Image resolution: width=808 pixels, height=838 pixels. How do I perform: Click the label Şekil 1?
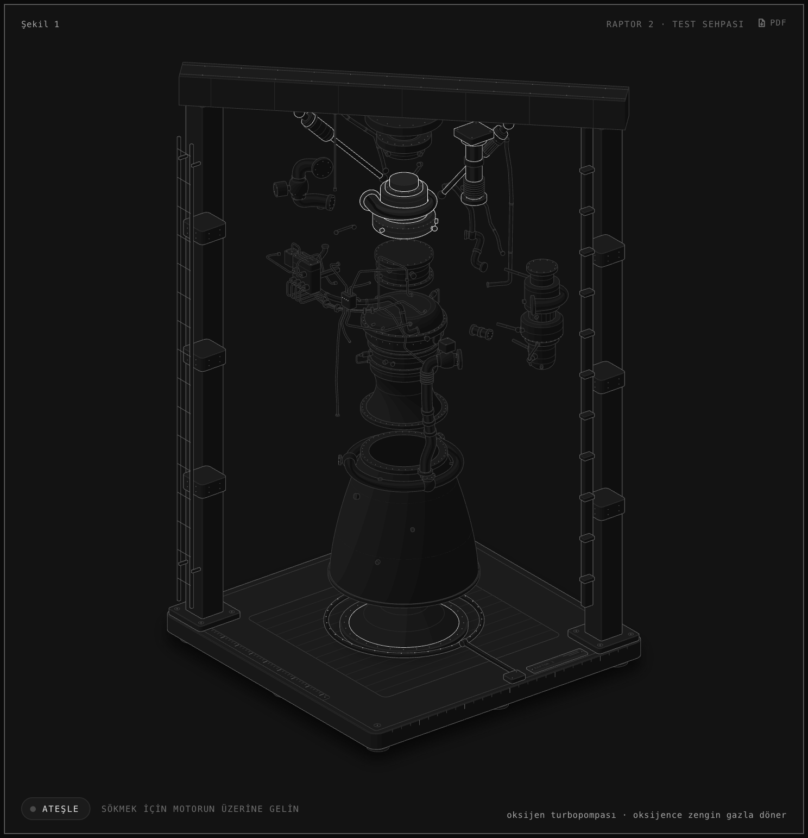click(x=40, y=24)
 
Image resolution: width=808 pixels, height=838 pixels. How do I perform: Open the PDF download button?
click(x=772, y=23)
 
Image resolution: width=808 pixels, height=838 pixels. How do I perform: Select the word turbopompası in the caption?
click(x=583, y=815)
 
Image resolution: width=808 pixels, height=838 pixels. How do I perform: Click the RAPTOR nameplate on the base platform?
click(x=557, y=661)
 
